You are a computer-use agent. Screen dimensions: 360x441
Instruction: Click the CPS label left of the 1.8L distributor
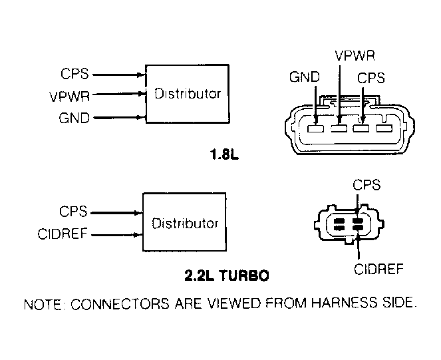coord(74,73)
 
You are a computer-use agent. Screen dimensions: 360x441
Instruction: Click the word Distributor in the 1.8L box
coord(187,94)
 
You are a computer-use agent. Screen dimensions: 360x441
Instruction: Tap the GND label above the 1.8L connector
coord(303,78)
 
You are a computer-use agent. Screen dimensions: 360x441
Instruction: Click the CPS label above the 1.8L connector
coord(371,78)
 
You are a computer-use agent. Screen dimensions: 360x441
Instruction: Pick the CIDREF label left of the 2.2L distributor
coord(65,234)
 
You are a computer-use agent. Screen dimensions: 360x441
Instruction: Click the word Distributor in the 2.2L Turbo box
coord(185,223)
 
